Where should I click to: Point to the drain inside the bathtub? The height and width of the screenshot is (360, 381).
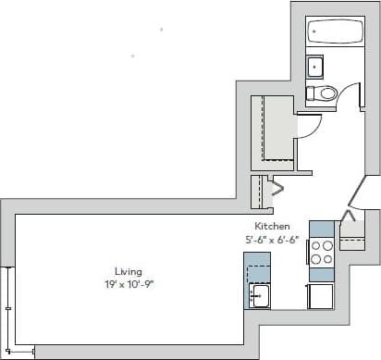[x=314, y=33]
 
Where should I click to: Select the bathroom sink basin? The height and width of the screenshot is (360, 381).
[x=315, y=67]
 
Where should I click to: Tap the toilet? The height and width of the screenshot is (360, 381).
[x=324, y=93]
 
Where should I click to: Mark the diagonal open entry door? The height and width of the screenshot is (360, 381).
[x=357, y=193]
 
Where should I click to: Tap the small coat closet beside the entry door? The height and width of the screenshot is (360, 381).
[x=352, y=233]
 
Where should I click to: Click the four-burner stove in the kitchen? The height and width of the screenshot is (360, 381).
[x=321, y=253]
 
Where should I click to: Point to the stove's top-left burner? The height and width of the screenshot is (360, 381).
[x=315, y=246]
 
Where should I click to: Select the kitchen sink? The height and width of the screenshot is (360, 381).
[x=259, y=295]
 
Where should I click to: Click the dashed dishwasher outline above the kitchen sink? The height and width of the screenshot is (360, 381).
[x=258, y=274]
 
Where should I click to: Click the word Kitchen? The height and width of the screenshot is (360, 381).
[x=272, y=226]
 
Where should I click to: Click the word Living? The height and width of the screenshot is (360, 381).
[x=129, y=271]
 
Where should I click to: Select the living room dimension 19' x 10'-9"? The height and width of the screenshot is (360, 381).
[x=128, y=284]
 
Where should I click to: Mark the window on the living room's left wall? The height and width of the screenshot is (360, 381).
[x=8, y=305]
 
